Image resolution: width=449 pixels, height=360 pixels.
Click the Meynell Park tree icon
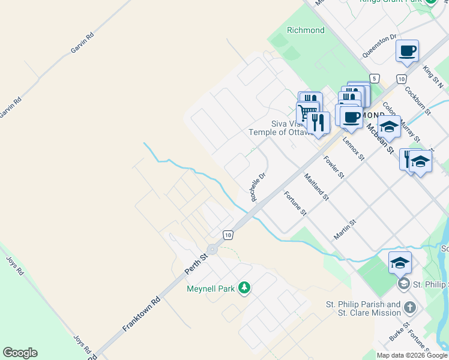pos(244,289)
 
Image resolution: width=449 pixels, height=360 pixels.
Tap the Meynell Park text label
pos(211,289)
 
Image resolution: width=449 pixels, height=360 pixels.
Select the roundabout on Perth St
pos(212,250)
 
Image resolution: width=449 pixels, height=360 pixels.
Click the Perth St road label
pos(196,265)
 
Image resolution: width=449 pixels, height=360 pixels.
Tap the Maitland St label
pos(316,186)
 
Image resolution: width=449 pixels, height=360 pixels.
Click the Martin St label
pos(345,230)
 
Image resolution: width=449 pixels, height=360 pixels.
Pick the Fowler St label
pos(333,167)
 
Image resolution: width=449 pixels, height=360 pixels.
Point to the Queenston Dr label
pos(379,46)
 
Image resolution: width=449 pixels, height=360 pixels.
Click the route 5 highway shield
pos(375,79)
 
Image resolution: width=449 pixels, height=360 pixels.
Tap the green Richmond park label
pos(306,30)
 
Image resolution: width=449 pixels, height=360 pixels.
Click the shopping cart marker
pos(307,112)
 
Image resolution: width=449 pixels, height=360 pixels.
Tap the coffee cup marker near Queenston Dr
pos(407,51)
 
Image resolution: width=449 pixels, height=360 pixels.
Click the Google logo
pos(20,353)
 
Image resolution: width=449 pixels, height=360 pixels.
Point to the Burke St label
pos(399,332)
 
